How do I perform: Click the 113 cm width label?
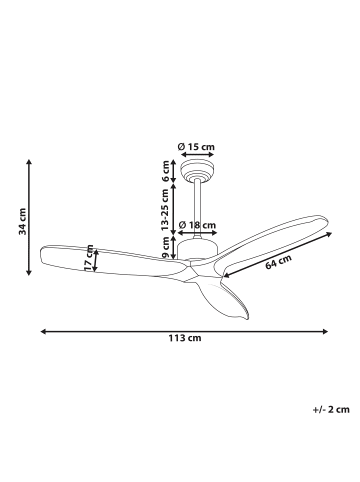[185, 338]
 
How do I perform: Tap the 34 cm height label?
[23, 221]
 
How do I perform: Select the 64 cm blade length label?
[279, 262]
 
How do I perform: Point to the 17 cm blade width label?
[89, 258]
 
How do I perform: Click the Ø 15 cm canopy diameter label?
[196, 146]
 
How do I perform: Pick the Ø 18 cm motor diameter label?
[197, 225]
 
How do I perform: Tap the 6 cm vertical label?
[165, 171]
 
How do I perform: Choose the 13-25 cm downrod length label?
[165, 210]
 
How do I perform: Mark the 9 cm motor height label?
[165, 247]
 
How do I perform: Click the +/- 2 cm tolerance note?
[331, 409]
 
